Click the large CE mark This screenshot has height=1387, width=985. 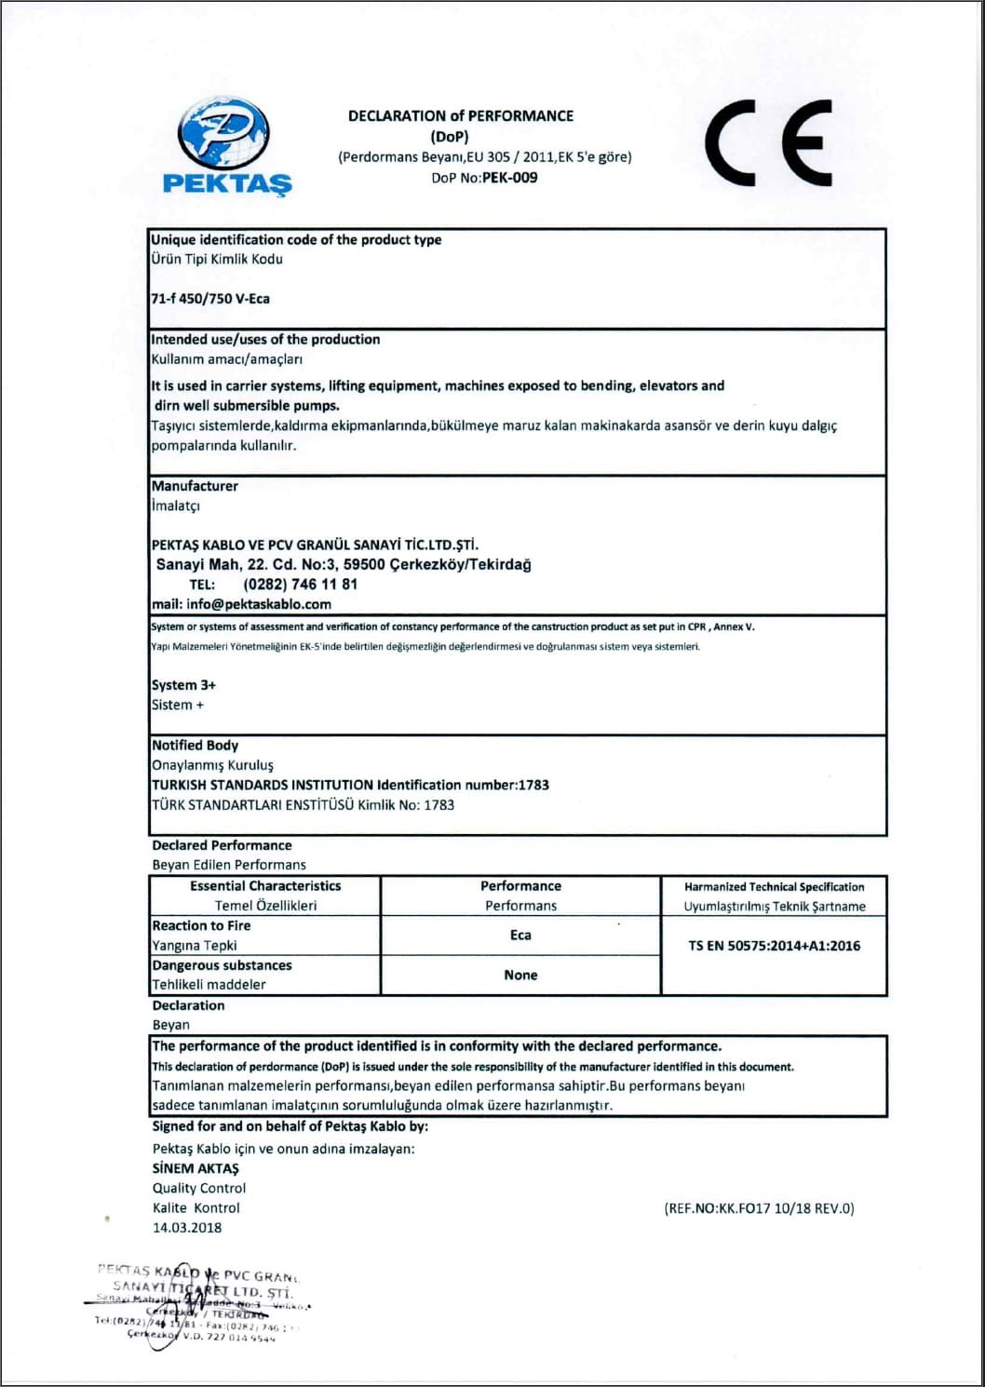click(x=768, y=142)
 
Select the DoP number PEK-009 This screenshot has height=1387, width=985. click(x=509, y=178)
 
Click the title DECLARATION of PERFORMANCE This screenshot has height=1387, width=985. click(x=461, y=116)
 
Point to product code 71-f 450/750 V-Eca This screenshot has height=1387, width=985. click(x=210, y=299)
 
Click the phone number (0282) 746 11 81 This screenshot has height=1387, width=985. click(x=300, y=585)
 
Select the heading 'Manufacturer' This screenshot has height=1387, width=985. click(x=195, y=486)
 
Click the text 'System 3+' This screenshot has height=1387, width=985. click(x=183, y=685)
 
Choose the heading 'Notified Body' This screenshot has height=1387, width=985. click(x=195, y=745)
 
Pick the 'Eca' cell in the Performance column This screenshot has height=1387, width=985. click(x=520, y=936)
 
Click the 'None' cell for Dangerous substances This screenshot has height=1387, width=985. click(x=520, y=975)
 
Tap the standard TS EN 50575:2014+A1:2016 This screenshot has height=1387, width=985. click(x=774, y=946)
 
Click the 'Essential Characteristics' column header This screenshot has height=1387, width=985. click(x=265, y=886)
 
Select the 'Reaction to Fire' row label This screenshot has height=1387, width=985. click(x=201, y=925)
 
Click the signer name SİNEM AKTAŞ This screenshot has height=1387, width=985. click(x=196, y=1168)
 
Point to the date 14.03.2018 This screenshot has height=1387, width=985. click(x=187, y=1228)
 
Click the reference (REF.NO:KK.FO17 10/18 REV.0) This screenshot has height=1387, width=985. click(x=759, y=1208)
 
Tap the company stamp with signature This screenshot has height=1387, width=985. click(x=200, y=1303)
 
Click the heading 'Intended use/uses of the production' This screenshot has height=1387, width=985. click(x=265, y=340)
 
